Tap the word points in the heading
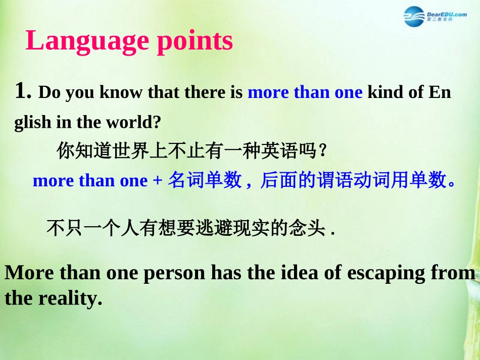tap(195, 41)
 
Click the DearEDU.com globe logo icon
tap(414, 17)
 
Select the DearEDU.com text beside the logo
tap(447, 14)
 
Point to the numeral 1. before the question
tap(23, 90)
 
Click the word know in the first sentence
tap(121, 92)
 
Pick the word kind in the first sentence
tap(386, 92)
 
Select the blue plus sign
tap(157, 180)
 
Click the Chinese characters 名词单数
tap(205, 180)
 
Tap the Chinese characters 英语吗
tap(289, 150)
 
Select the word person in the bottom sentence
tap(174, 273)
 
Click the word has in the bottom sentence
tap(226, 272)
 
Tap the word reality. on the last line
tap(70, 299)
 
